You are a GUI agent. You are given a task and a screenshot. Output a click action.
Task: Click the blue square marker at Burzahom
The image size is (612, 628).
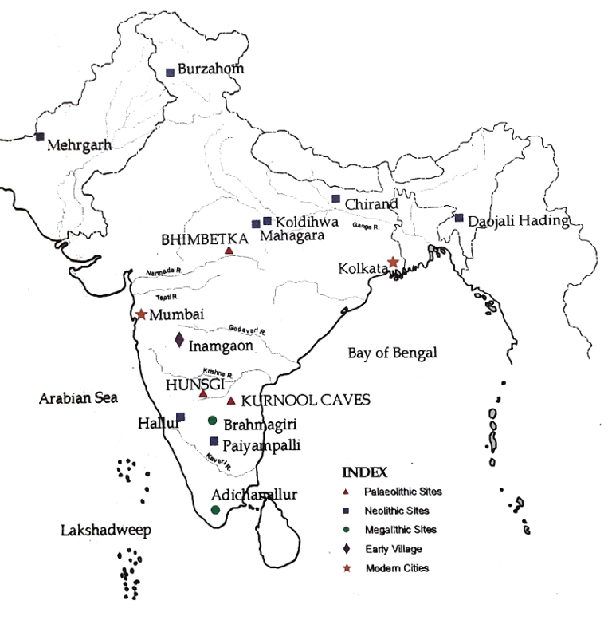coord(170,73)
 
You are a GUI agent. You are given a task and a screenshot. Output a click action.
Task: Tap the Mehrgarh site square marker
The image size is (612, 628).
coord(40,136)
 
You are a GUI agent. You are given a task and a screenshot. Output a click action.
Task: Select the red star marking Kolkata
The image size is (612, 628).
coord(393,262)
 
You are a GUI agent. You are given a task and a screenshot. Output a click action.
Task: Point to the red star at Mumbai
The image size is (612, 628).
coord(142,314)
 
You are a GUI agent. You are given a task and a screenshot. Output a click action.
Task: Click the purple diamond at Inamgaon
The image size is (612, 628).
coord(179,341)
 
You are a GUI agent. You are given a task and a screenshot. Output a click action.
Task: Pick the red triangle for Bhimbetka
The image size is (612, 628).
coord(229,251)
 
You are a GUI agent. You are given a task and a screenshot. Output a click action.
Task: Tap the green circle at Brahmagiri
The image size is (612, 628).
coord(212,421)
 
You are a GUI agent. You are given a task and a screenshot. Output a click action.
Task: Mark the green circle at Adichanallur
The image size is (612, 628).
coord(215,509)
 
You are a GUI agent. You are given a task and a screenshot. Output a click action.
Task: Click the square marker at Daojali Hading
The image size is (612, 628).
coord(459,218)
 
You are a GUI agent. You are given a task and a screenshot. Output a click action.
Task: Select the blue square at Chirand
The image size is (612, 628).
coord(335,199)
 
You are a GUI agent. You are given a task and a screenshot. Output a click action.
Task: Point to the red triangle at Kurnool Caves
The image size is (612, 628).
coord(231,401)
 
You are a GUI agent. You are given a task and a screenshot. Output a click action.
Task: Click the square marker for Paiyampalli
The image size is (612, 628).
coord(214,441)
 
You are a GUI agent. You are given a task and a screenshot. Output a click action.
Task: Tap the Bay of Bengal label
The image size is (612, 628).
coord(393,353)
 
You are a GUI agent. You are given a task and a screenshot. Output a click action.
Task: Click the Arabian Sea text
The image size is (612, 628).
coord(79,397)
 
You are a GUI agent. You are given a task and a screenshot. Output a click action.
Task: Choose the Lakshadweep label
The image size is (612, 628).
coord(106,530)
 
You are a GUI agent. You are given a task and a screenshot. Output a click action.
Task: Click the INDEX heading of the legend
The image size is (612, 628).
coord(363,471)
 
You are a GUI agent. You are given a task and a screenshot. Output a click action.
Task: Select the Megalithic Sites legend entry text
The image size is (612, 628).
coord(402,530)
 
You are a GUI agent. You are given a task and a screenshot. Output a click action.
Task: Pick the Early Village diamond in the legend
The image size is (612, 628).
coord(347,549)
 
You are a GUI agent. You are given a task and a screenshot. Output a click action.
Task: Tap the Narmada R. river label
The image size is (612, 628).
coord(164,272)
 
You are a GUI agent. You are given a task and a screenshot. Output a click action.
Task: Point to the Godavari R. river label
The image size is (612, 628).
coord(246,328)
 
